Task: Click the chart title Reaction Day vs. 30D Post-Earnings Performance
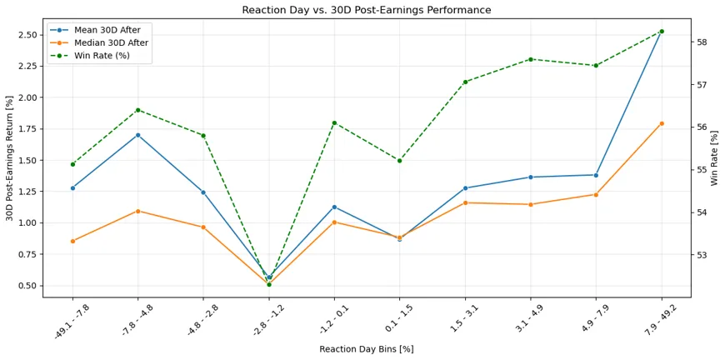coord(366,10)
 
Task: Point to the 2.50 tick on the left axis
coord(29,35)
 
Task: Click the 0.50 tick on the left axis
coord(29,286)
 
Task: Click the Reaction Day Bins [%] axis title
coord(366,349)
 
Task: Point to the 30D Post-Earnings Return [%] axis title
coord(10,158)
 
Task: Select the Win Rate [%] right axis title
coord(715,158)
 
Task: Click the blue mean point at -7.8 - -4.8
coord(137,135)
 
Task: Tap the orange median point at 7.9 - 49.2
coord(662,123)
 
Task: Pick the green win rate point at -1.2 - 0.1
coord(334,123)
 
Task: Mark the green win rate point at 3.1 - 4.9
coord(531,59)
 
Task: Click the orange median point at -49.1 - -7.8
coord(72,241)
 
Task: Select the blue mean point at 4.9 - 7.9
coord(596,175)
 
